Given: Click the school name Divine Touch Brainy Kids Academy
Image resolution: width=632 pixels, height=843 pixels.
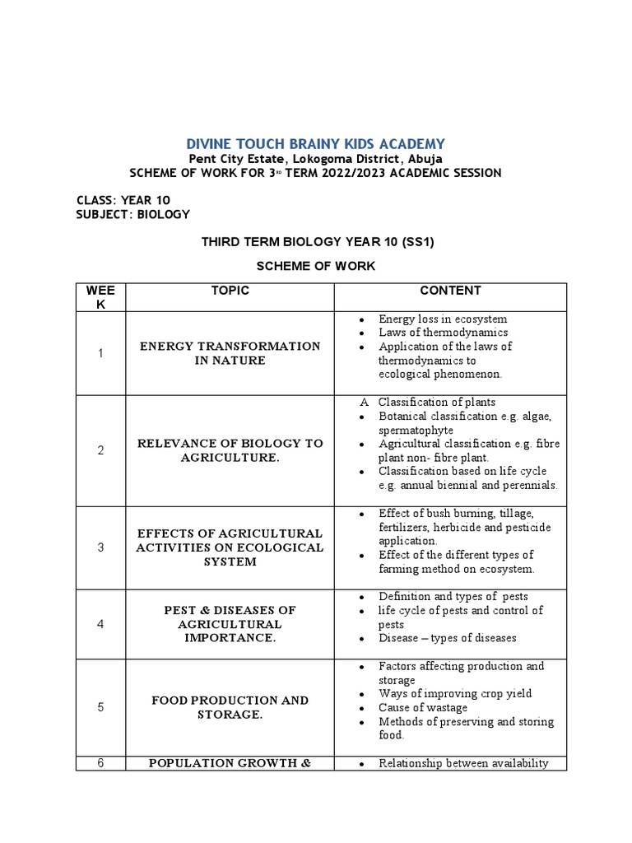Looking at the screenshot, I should click(316, 143).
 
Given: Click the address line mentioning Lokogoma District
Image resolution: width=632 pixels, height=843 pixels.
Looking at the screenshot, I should click(316, 159).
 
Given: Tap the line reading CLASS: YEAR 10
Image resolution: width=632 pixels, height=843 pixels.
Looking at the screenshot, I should click(123, 200).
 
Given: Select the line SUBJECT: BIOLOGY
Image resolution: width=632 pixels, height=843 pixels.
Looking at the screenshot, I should click(133, 214).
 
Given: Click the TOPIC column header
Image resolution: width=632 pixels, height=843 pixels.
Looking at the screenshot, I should click(230, 291).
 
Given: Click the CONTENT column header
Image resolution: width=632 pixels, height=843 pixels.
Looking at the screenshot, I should click(450, 291).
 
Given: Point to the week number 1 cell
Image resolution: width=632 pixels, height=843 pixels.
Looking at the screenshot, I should click(100, 353).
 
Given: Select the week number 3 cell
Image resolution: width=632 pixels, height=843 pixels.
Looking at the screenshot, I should click(100, 547).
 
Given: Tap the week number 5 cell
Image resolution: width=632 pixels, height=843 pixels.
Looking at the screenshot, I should click(100, 707).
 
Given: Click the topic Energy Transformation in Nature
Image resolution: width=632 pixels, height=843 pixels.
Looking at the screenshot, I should click(230, 353).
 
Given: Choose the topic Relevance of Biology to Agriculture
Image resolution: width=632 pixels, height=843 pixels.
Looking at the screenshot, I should click(230, 450).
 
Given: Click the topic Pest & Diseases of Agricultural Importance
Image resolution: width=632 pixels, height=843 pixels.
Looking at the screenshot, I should click(230, 624).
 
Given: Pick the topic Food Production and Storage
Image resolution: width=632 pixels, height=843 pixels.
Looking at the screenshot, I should click(230, 707).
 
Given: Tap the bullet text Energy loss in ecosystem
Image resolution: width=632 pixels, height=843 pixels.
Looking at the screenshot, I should click(443, 319).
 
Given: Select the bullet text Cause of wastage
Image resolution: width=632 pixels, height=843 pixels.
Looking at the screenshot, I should click(423, 708).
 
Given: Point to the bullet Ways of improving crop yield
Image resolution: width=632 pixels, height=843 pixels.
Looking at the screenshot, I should click(455, 694).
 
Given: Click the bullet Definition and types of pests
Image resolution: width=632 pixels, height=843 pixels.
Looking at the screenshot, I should click(453, 596).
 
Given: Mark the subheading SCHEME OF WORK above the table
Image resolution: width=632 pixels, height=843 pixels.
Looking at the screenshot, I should click(316, 266).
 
